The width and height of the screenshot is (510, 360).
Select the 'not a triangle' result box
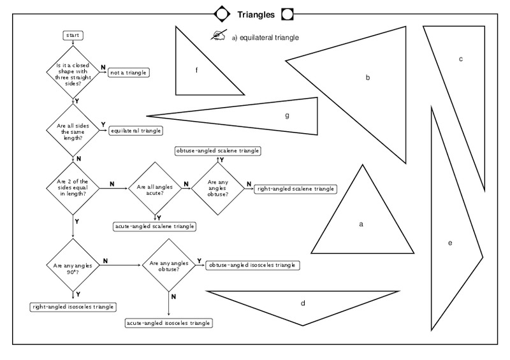click(x=128, y=73)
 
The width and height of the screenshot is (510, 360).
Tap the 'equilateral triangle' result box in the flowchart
click(x=136, y=131)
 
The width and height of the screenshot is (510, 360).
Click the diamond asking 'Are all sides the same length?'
click(x=72, y=130)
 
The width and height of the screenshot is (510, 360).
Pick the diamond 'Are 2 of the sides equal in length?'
click(x=72, y=188)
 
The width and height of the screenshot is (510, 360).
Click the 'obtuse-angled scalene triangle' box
click(x=218, y=150)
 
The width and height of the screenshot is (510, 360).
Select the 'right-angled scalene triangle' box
click(x=295, y=189)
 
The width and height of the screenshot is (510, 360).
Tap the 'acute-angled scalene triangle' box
click(x=154, y=226)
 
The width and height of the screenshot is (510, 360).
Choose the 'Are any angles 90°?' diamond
click(x=72, y=265)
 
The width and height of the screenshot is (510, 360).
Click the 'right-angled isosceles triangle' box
click(x=73, y=306)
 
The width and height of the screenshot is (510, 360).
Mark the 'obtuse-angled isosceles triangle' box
click(x=252, y=265)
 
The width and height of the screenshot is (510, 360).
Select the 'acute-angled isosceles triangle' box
click(x=168, y=323)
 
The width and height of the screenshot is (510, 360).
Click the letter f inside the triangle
click(x=196, y=70)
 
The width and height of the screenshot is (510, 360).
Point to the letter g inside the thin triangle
click(x=288, y=115)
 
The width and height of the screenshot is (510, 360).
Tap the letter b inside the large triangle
click(x=368, y=77)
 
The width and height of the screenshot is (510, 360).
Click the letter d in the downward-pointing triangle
click(x=303, y=303)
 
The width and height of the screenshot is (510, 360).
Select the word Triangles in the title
click(x=256, y=13)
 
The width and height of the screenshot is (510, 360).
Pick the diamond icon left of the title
click(x=221, y=13)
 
